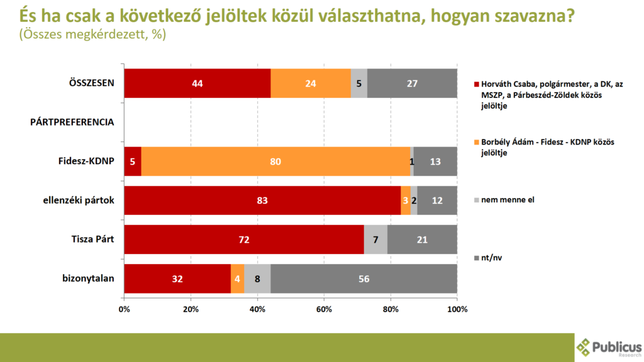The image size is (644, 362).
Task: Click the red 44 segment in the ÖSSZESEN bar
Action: pos(197,83)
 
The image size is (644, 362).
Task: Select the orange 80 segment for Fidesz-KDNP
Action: pos(275,162)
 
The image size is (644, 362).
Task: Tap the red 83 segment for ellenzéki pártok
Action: pos(262,200)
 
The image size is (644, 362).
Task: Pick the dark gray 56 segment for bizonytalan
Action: pos(364,278)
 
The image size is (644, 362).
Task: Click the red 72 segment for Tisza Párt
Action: pos(244,239)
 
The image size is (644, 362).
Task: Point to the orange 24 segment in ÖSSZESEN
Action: pos(311,83)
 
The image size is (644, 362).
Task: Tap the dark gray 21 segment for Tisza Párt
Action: pos(422,239)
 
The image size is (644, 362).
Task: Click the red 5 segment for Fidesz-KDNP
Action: pos(133,162)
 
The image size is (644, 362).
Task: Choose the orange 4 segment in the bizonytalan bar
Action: pos(237,278)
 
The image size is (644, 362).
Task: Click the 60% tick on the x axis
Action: pos(324,309)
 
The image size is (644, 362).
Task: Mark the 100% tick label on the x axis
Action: pos(457,309)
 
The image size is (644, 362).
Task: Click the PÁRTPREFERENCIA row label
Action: pos(72,122)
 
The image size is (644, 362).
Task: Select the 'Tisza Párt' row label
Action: pos(92,239)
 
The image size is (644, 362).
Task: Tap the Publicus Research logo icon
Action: pos(585,347)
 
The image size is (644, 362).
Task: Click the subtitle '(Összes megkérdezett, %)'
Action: pos(92,35)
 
